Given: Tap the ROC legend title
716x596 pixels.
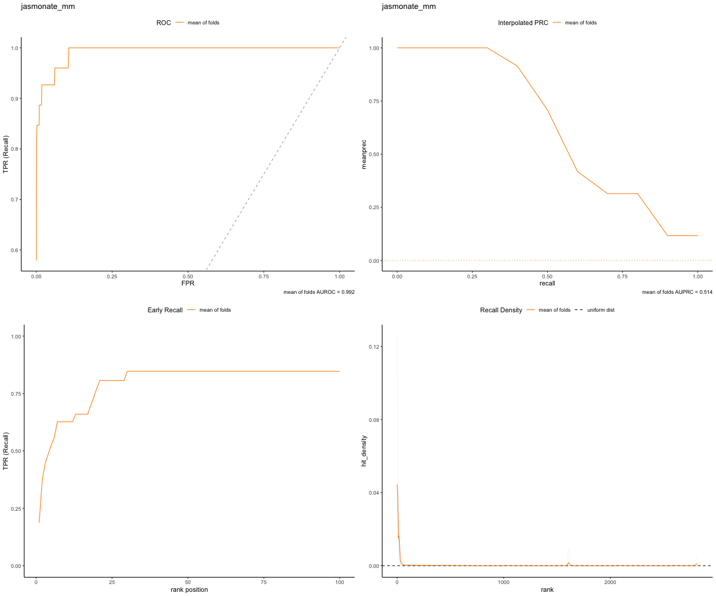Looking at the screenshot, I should click(x=163, y=23).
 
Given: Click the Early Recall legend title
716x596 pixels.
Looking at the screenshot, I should click(x=165, y=310).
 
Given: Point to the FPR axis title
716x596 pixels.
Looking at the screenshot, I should click(x=188, y=283).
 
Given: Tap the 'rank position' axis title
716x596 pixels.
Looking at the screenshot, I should click(x=188, y=589).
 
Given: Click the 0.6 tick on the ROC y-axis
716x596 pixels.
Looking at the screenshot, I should click(x=15, y=250).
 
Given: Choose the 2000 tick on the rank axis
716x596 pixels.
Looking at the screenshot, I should click(x=610, y=581).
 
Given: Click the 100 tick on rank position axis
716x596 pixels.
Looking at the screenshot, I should click(x=340, y=581).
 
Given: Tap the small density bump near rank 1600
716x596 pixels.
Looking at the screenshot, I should click(x=569, y=563).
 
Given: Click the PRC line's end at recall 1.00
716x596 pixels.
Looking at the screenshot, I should click(x=698, y=235).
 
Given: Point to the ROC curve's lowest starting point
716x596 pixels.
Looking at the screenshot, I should click(x=36, y=260).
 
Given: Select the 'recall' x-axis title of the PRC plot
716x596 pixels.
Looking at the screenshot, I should click(x=547, y=283).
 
